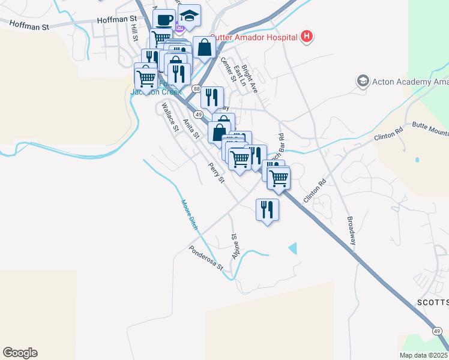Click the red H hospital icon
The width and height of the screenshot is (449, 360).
[307, 37]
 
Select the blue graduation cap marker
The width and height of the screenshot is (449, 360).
[190, 17]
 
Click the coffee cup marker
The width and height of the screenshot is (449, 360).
[164, 19]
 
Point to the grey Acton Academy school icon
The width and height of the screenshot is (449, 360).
[362, 80]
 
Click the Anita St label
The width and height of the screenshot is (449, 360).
[191, 128]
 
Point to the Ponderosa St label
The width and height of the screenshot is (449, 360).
[206, 257]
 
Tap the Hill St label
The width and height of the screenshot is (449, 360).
[134, 33]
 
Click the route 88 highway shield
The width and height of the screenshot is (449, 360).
[197, 89]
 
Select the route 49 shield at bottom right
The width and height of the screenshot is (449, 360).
[438, 331]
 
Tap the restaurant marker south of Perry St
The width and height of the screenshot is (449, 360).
[267, 210]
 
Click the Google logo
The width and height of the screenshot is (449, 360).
[20, 353]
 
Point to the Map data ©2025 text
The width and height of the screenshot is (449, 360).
[424, 355]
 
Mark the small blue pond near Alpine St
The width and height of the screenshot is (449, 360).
[293, 247]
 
